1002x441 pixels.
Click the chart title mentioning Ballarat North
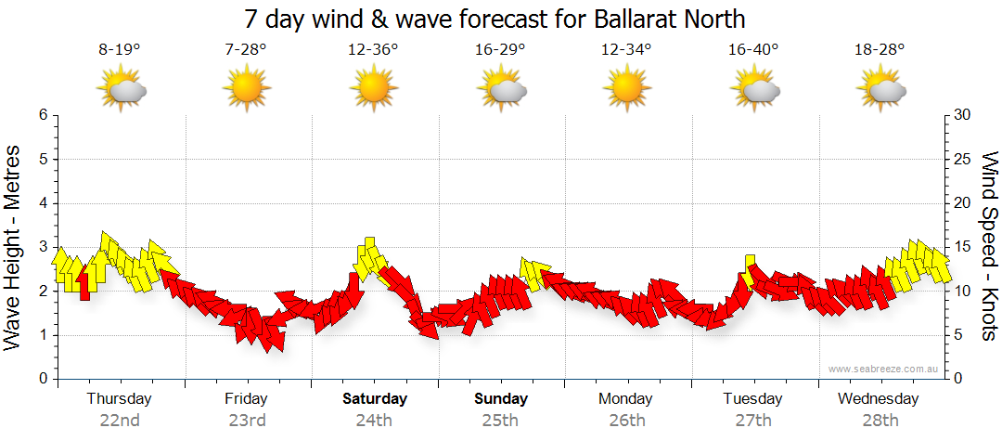(x=495, y=19)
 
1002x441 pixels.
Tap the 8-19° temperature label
(x=120, y=50)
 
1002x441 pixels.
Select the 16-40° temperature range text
(x=752, y=50)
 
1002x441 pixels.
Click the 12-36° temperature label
(x=373, y=50)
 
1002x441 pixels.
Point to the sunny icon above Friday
(x=246, y=89)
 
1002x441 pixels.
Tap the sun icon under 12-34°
(x=626, y=89)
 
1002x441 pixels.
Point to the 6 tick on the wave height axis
(x=43, y=115)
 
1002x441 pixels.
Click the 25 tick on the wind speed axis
(x=963, y=159)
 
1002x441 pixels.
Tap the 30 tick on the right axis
(x=963, y=115)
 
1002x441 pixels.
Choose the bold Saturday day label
(x=375, y=399)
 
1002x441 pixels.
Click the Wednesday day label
(x=878, y=399)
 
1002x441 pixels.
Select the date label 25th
(x=501, y=421)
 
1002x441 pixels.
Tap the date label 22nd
(x=120, y=421)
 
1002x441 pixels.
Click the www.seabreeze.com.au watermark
(x=885, y=369)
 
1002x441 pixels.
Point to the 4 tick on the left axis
(x=43, y=203)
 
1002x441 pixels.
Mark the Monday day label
(x=625, y=399)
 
